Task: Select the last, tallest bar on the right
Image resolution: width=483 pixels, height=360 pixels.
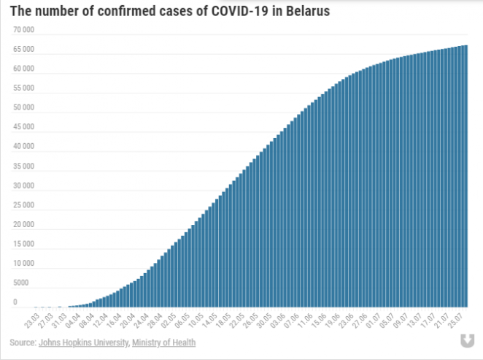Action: [465, 176]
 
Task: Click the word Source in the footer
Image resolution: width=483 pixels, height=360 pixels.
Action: [22, 342]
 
